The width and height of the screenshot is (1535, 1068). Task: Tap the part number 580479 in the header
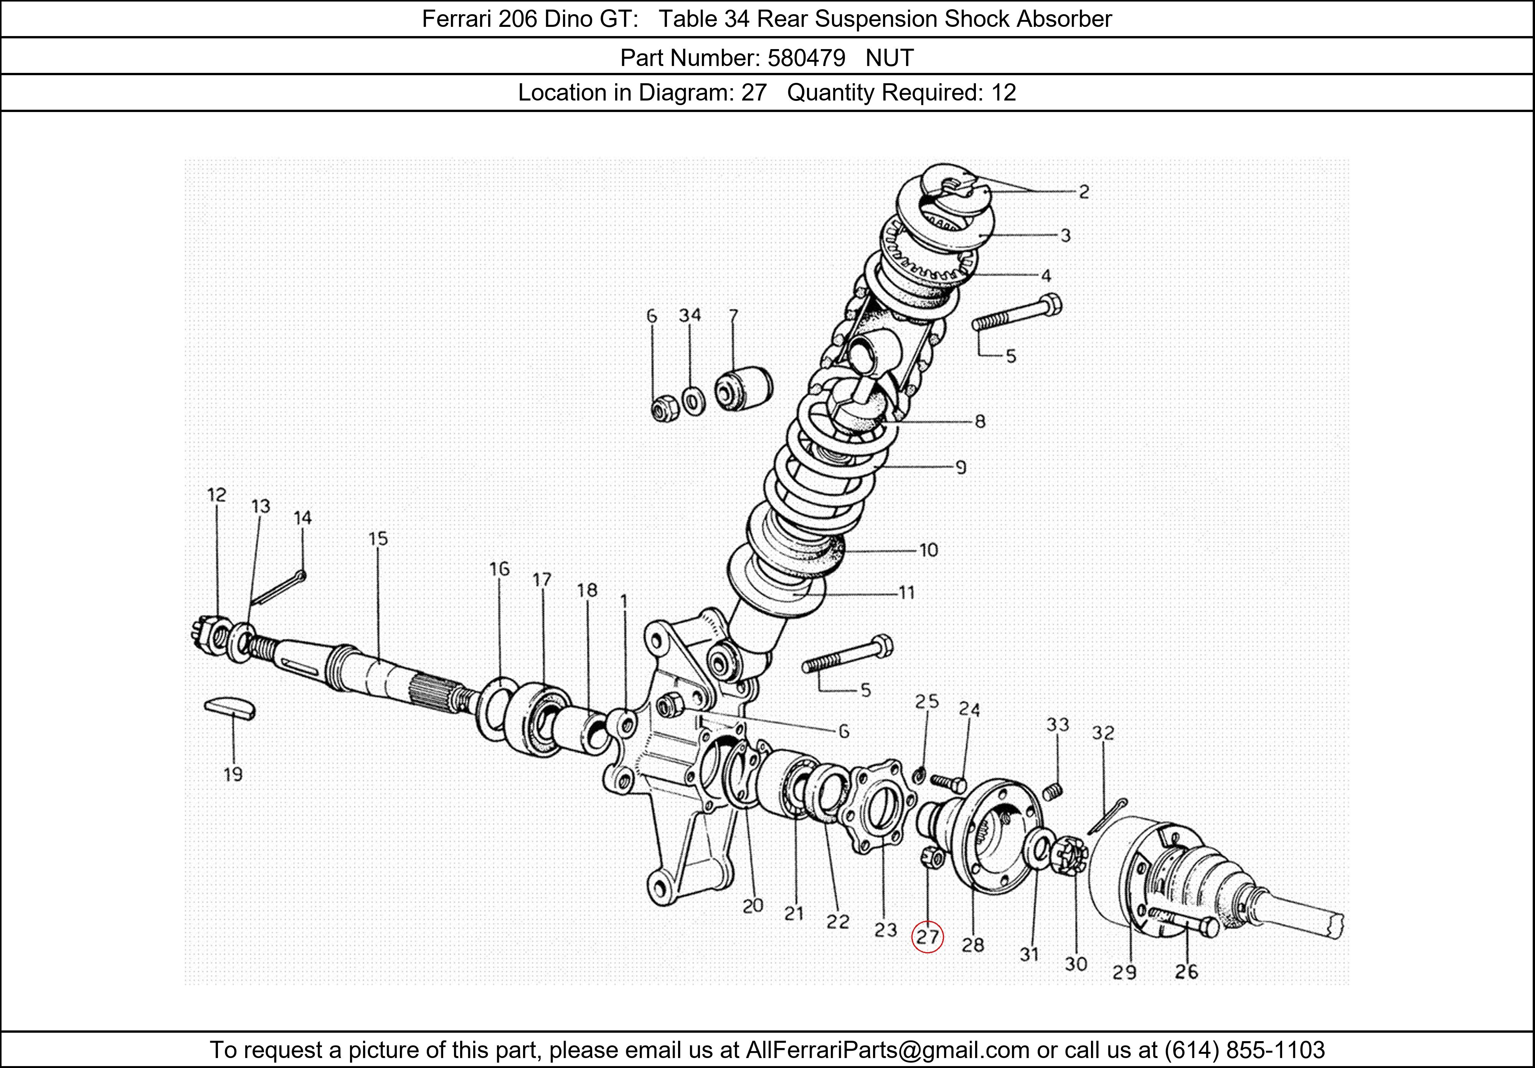pos(806,58)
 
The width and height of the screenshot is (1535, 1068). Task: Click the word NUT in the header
pos(889,58)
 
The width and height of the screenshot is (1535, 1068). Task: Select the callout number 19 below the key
pos(233,775)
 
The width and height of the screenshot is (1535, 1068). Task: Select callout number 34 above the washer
pos(690,315)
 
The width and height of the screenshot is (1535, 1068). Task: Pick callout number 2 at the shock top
pos(1084,192)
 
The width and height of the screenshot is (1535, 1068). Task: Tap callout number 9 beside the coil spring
pos(961,467)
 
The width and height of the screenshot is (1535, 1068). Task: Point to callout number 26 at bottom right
pos(1187,971)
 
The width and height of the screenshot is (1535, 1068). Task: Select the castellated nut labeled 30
pos(1069,856)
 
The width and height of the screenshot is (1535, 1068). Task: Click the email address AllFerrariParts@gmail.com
pos(887,1050)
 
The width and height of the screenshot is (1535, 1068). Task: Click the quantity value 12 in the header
pos(1004,92)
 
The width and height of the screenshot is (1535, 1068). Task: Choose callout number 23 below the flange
pos(886,930)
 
